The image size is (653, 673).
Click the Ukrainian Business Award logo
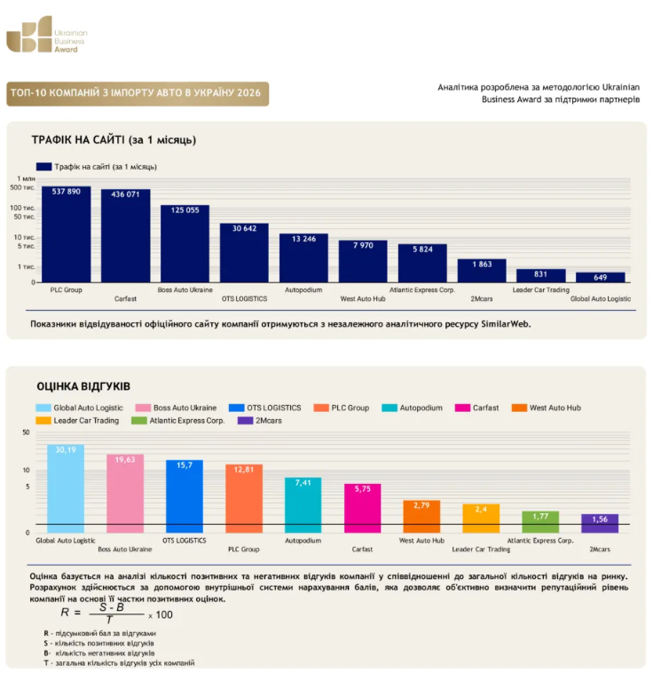point(46,35)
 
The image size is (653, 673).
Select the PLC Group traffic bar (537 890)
point(66,234)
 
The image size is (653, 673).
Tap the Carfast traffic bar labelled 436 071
point(126,235)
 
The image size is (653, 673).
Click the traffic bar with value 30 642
point(244,253)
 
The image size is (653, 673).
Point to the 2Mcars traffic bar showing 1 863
point(482,271)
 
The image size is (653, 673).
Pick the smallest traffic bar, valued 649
point(601,277)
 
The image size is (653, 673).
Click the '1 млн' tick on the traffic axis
point(26,178)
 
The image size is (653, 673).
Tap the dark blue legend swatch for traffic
point(43,167)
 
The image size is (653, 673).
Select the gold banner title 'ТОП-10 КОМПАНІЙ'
point(136,93)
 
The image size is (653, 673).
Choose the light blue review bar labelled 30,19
point(66,488)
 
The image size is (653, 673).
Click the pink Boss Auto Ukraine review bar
point(125,494)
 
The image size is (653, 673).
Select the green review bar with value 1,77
point(540,522)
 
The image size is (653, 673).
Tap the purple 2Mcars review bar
point(600,523)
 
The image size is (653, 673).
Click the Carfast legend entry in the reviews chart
point(477,408)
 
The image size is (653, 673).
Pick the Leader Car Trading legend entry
point(78,421)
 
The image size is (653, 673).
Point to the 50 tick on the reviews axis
point(26,432)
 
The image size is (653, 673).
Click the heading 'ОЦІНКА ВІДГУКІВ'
point(83,386)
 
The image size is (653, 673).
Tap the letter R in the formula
point(65,613)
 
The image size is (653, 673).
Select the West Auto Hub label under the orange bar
point(421,541)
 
